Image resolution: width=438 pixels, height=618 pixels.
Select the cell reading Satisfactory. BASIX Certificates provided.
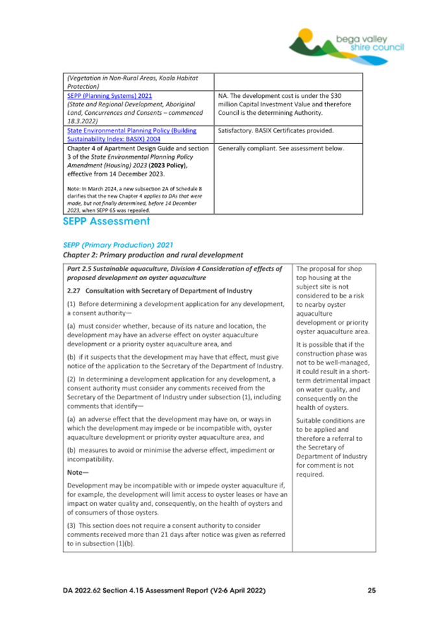(276, 130)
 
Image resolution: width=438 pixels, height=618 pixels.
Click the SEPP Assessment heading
(106, 222)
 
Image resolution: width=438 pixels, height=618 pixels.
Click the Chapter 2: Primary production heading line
(152, 256)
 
